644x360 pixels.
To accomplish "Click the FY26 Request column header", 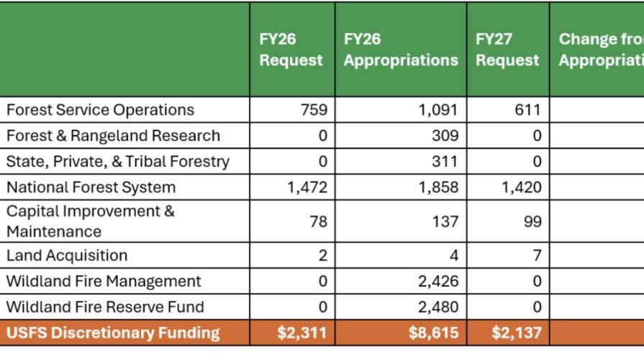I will [291, 50].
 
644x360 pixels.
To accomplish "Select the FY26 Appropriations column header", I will [400, 50].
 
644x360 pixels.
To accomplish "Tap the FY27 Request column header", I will [507, 50].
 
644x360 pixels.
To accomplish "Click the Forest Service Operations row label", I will [100, 110].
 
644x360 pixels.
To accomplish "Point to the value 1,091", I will [438, 110].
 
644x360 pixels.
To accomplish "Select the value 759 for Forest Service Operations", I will [314, 110].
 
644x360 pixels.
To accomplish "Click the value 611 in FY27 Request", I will [528, 110].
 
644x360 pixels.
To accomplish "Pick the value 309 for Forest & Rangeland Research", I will [445, 136].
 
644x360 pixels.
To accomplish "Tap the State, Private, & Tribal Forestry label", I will [118, 162].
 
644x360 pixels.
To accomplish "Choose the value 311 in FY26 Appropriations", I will [445, 162].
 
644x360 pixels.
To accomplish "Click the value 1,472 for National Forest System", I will [307, 188].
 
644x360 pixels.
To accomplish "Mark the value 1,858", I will [438, 188].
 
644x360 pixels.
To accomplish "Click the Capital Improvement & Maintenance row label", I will [90, 222].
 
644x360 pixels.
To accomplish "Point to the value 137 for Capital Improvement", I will [445, 222].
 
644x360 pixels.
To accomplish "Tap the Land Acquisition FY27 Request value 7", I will [537, 256].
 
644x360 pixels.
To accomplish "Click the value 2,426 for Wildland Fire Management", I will [438, 282].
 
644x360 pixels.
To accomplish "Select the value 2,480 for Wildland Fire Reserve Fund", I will [438, 307].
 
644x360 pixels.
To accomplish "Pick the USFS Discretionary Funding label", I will [113, 333].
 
